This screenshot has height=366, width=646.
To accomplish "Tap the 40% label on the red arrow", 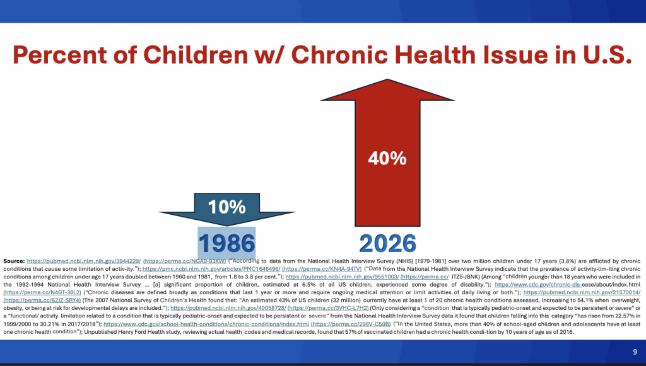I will point(387,158).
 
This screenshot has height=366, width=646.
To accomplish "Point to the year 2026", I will point(387,243).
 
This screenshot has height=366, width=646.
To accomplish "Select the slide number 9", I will point(635,352).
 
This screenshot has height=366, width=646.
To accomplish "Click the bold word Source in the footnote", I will point(14,261).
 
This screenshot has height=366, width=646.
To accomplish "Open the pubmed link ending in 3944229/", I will point(83,261).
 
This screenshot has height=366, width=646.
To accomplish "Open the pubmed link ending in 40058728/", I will point(228,308).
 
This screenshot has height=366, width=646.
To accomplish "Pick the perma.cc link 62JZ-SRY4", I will point(41,300).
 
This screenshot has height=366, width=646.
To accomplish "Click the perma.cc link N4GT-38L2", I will point(41,292).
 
